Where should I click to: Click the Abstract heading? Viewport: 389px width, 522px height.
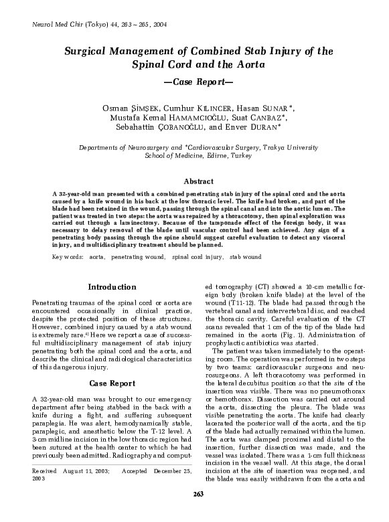pos(193,181)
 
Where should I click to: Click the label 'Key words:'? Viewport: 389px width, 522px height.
pos(67,256)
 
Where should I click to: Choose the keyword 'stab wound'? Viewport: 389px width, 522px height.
pos(245,256)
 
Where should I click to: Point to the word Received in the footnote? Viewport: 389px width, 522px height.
pos(44,470)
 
